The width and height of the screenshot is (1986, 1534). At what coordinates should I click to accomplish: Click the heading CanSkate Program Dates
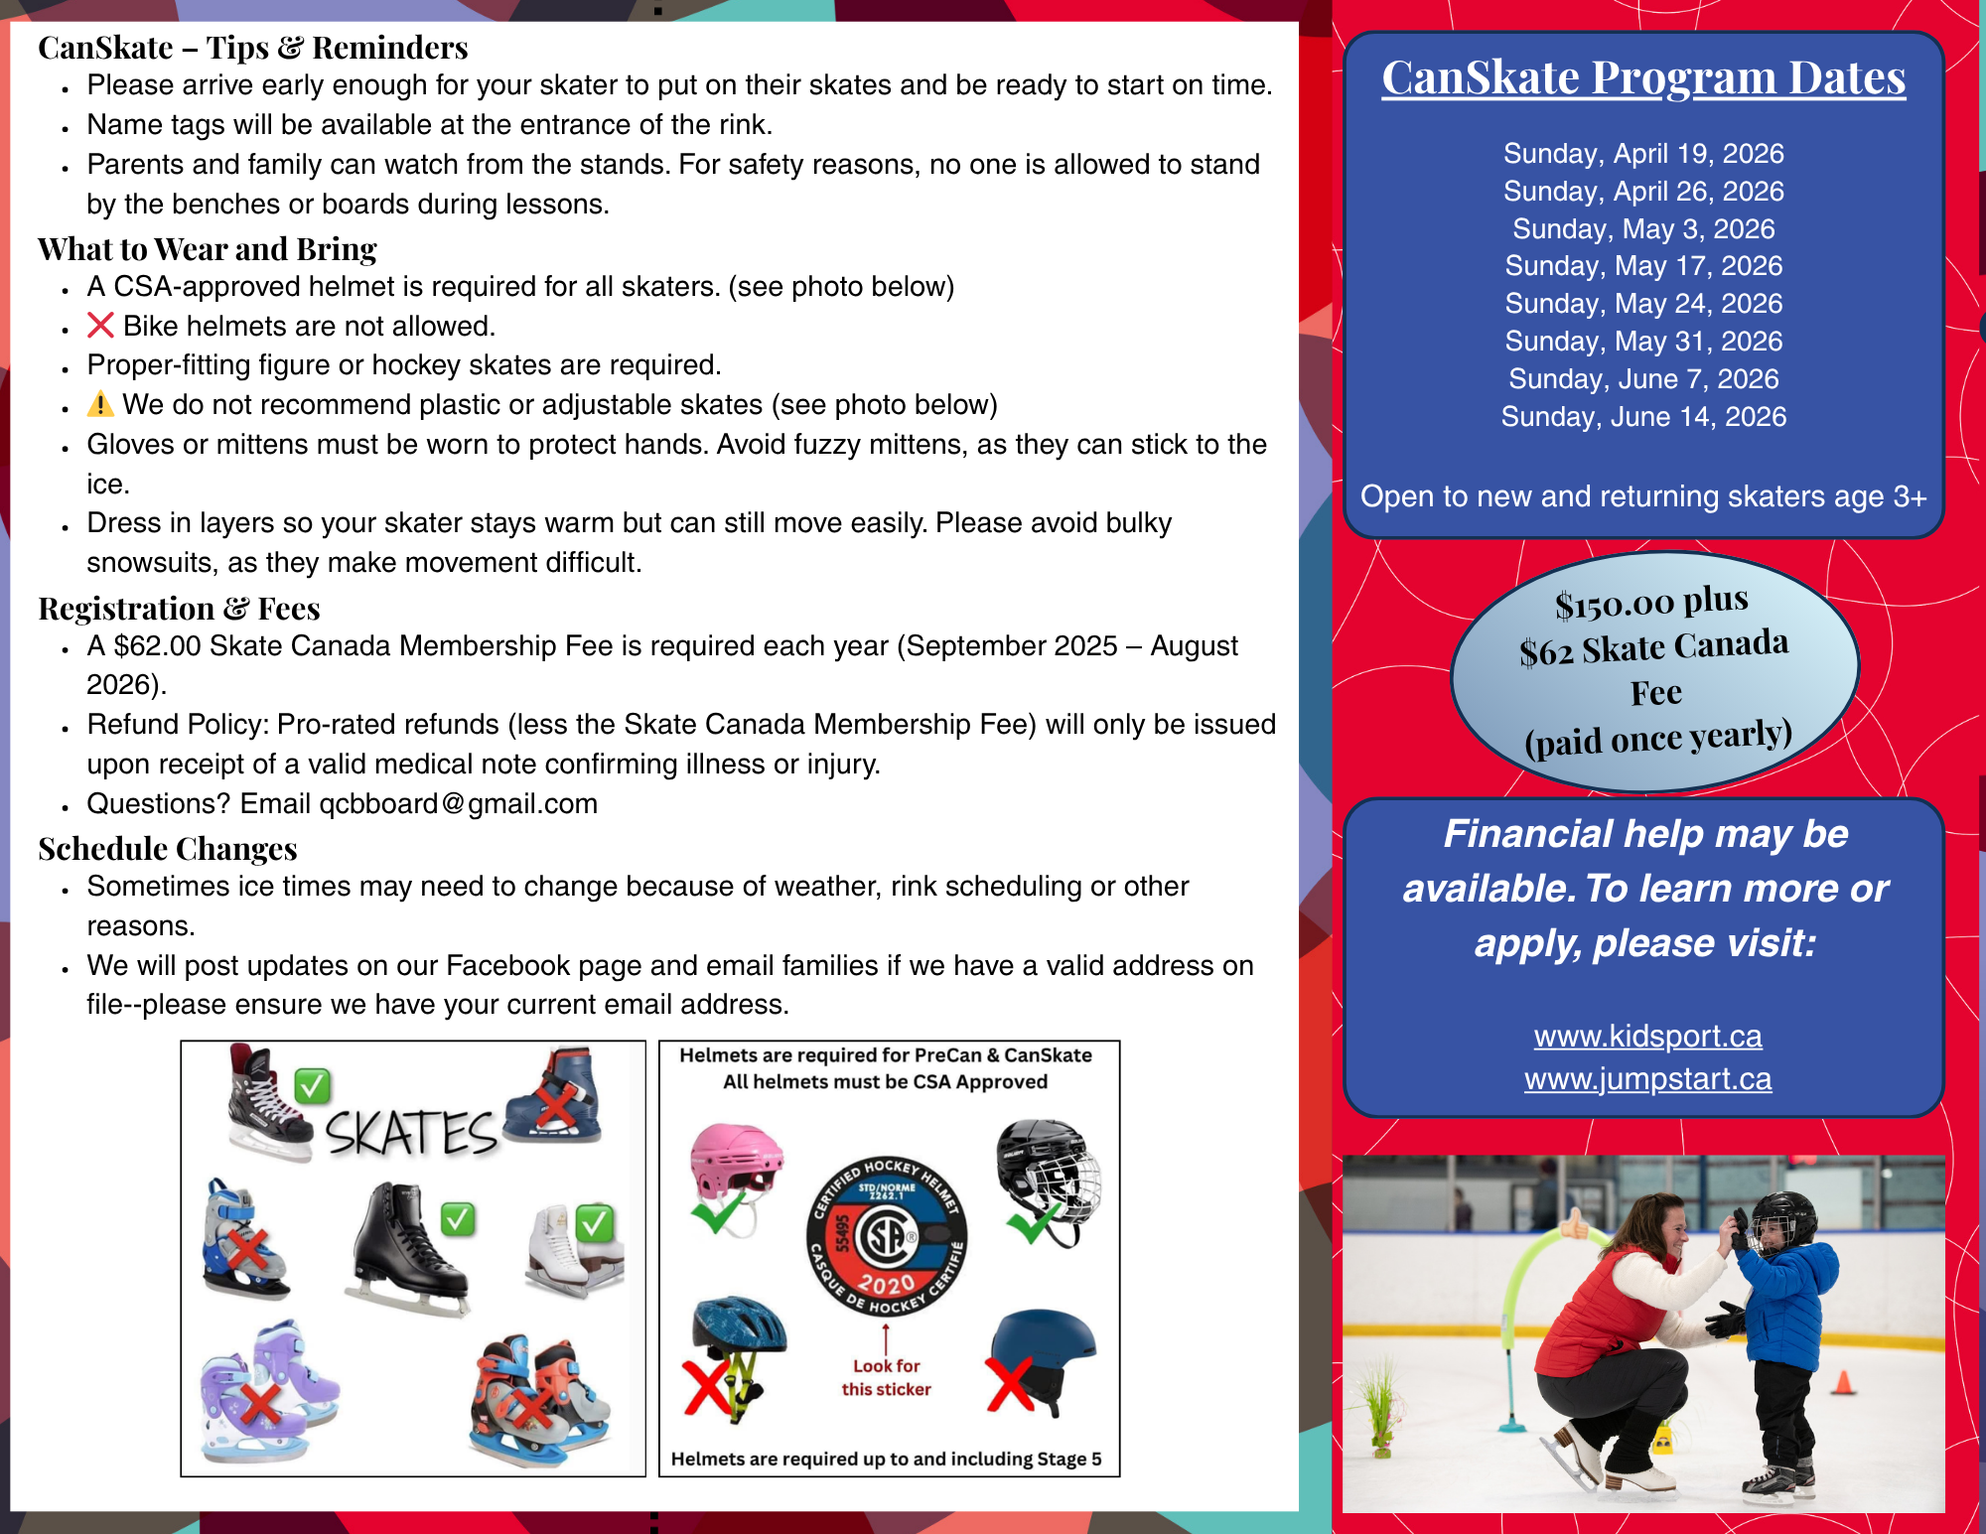point(1643,77)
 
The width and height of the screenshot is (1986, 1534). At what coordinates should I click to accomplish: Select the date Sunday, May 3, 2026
point(1643,229)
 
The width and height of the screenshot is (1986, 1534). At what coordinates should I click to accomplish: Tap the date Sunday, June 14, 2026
point(1643,417)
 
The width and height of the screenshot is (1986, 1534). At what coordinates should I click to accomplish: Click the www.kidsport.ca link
point(1647,1037)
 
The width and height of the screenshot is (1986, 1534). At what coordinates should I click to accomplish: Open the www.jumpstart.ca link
point(1647,1079)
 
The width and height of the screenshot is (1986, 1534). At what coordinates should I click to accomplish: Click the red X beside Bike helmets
point(100,326)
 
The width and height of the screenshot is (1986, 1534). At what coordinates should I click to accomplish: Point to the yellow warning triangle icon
point(100,404)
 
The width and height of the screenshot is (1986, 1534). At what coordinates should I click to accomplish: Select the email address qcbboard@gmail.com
point(458,804)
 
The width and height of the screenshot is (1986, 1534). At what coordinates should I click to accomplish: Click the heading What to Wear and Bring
point(208,249)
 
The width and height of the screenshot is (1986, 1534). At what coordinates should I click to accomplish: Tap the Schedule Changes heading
point(168,849)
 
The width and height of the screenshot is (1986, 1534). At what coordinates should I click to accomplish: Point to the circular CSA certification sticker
point(886,1236)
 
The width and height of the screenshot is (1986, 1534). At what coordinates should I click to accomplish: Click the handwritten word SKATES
point(410,1133)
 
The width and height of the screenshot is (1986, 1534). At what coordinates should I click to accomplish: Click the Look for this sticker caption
point(886,1378)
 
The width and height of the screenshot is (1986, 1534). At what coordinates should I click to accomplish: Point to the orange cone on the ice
point(1843,1382)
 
